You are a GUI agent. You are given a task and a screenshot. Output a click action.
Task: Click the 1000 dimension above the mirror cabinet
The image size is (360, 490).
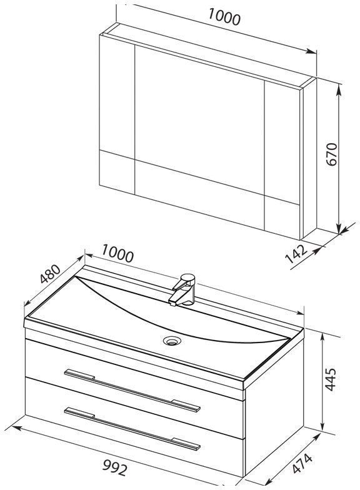[x=224, y=17]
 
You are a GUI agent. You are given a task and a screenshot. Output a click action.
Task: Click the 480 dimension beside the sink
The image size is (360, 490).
[x=50, y=274]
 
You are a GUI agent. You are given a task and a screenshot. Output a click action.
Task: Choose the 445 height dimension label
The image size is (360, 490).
[x=331, y=379]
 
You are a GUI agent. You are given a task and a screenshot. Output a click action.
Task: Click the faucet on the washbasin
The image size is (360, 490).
[x=182, y=289]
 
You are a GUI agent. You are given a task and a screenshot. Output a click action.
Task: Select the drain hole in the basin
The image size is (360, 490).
[x=171, y=340]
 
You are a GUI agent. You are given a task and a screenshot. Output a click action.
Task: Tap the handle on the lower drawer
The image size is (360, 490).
[x=132, y=428]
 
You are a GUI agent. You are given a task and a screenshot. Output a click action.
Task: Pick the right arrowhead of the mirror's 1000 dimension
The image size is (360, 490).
[x=311, y=51]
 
